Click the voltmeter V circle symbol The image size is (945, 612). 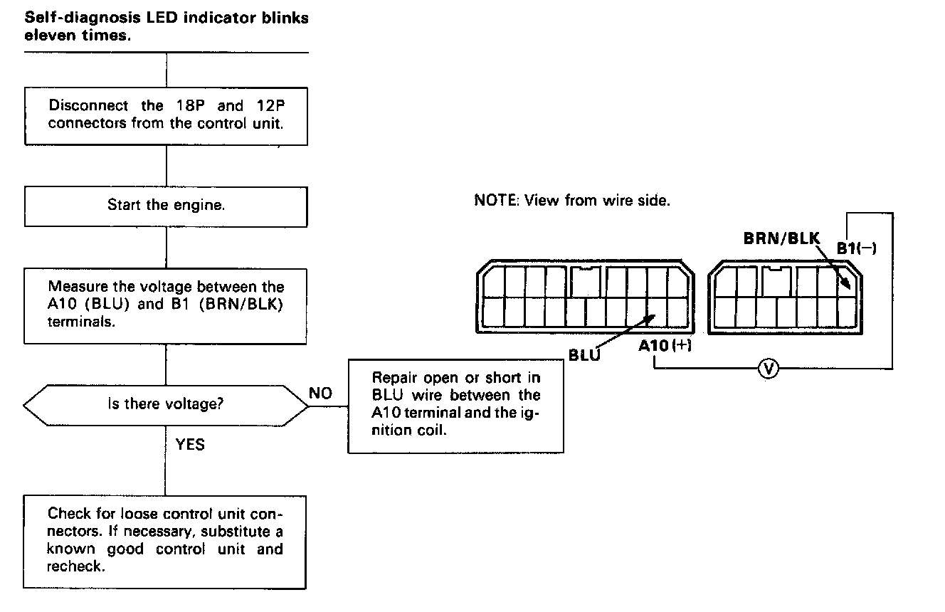click(x=768, y=368)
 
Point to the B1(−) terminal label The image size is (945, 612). click(x=857, y=248)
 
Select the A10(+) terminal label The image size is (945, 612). click(x=665, y=346)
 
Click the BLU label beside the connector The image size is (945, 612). click(x=584, y=353)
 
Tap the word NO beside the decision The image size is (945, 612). click(x=321, y=394)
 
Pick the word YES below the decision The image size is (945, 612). click(x=189, y=445)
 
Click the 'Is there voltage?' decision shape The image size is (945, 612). click(x=166, y=405)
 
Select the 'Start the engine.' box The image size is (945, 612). click(x=166, y=205)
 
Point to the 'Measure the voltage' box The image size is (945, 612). click(x=166, y=304)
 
